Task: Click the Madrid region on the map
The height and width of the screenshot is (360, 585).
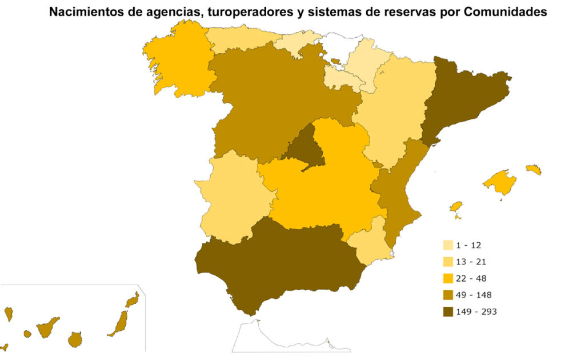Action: (x=304, y=148)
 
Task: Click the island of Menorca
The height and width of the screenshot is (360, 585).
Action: (x=534, y=170)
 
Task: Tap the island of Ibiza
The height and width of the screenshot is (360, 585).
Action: (x=455, y=207)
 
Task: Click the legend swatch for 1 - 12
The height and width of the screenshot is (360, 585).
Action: (x=448, y=245)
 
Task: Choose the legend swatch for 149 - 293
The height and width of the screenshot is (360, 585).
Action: (x=448, y=311)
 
